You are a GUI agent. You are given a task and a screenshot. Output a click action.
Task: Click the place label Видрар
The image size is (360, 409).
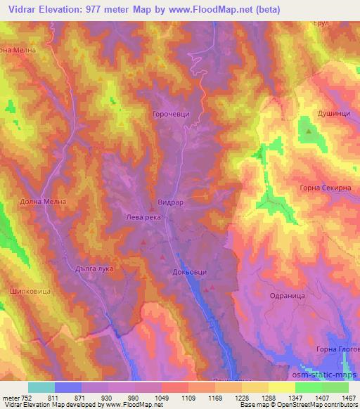coord(171,202)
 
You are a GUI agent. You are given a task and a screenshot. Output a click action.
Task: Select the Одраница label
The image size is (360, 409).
coord(286,297)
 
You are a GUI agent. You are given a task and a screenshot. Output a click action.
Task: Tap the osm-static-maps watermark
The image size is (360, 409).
coord(328,366)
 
